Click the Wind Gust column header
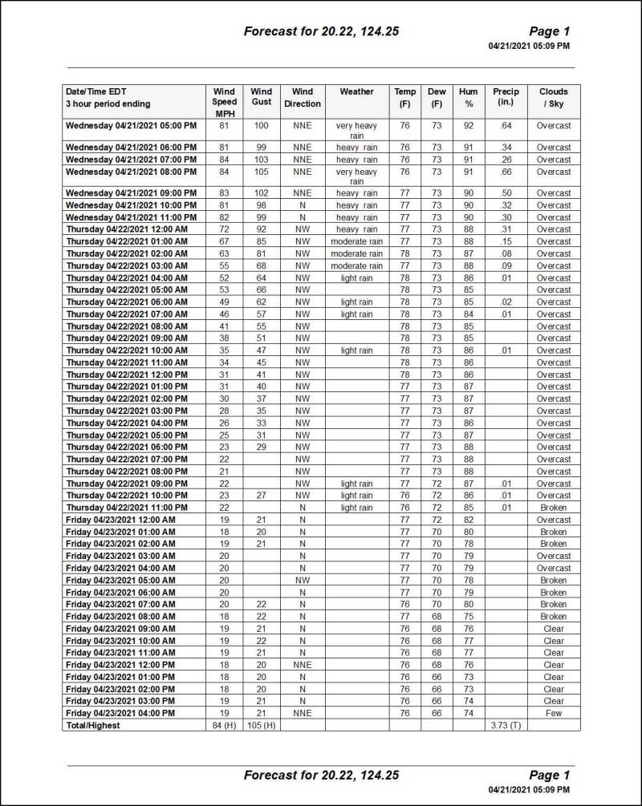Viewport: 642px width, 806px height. pyautogui.click(x=261, y=97)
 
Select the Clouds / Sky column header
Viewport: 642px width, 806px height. pyautogui.click(x=554, y=97)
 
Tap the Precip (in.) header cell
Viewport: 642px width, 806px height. pyautogui.click(x=506, y=97)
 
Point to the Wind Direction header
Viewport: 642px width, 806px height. pyautogui.click(x=303, y=97)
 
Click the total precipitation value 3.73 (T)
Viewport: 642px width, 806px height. pyautogui.click(x=506, y=725)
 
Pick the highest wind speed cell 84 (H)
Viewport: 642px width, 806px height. pyautogui.click(x=224, y=725)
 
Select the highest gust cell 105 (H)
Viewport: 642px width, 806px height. pyautogui.click(x=261, y=725)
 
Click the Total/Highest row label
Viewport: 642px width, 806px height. pyautogui.click(x=93, y=725)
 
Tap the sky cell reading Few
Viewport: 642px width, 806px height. pyautogui.click(x=554, y=713)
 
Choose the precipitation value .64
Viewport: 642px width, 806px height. pyautogui.click(x=506, y=126)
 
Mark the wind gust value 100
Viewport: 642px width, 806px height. pyautogui.click(x=261, y=126)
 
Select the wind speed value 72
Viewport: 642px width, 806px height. pyautogui.click(x=224, y=229)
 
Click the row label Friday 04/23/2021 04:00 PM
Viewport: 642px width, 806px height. pyautogui.click(x=120, y=713)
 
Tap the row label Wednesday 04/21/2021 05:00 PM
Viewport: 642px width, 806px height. pyautogui.click(x=131, y=126)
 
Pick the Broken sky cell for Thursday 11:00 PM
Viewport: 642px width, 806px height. pyautogui.click(x=554, y=508)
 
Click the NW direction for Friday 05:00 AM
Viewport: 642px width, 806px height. pyautogui.click(x=303, y=580)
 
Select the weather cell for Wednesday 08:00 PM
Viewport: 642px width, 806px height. pyautogui.click(x=356, y=176)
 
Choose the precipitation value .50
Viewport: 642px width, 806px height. pyautogui.click(x=506, y=193)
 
